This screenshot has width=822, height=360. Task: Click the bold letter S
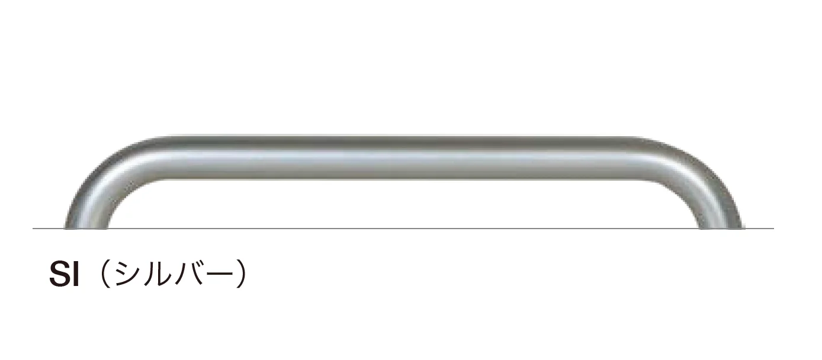pos(60,274)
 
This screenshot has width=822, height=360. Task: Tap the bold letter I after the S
pos(76,274)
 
